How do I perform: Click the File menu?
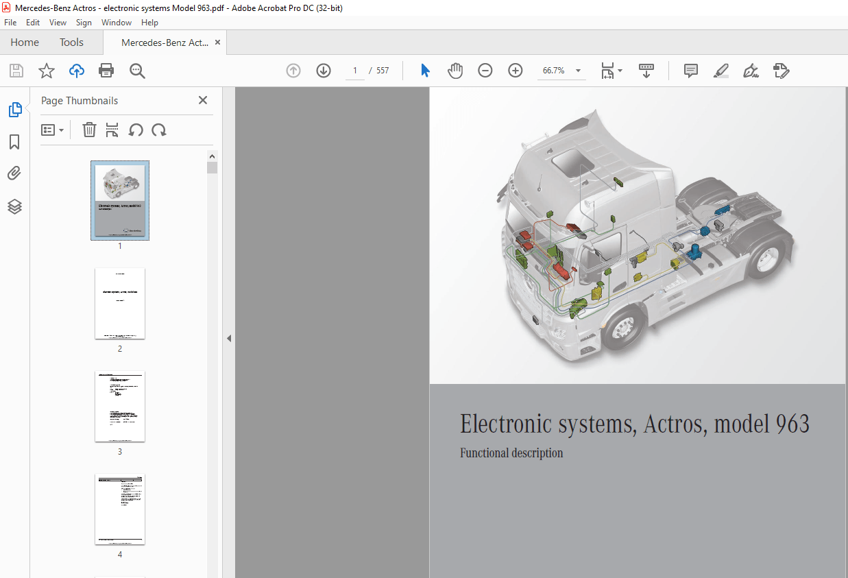tap(10, 23)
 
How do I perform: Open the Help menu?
tap(149, 23)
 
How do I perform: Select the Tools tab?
tap(71, 43)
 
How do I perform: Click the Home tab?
tap(25, 43)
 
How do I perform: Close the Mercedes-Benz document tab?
tap(218, 43)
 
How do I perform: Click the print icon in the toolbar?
tap(106, 71)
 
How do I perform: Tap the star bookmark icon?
tap(46, 71)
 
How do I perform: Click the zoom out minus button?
tap(485, 71)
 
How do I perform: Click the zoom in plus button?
tap(516, 71)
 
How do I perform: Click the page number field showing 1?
tap(355, 71)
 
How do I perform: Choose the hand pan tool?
tap(455, 71)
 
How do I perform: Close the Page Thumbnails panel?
tap(203, 100)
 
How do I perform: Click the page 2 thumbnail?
tap(120, 303)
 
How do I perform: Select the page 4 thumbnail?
tap(120, 509)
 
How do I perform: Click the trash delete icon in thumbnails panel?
tap(89, 130)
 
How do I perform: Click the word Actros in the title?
tap(675, 424)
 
